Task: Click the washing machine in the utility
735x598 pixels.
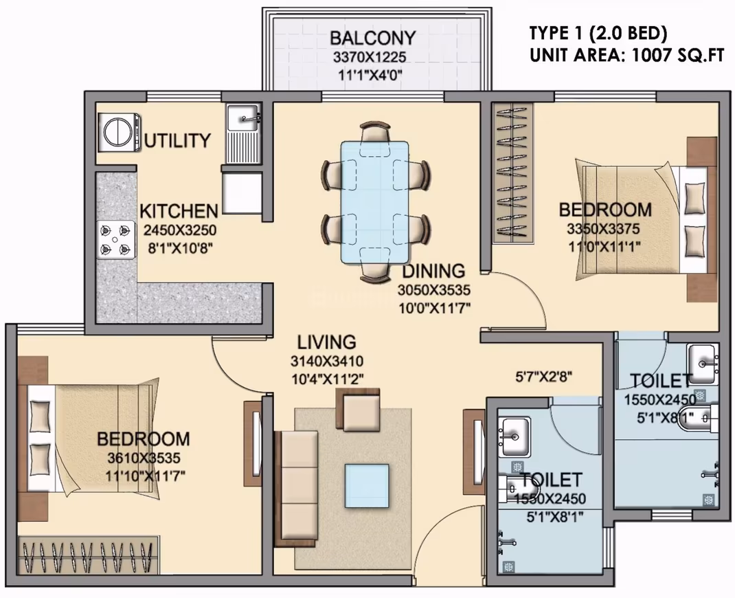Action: pyautogui.click(x=119, y=132)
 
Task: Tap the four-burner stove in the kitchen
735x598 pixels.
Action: pyautogui.click(x=114, y=239)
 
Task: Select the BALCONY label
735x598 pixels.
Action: pyautogui.click(x=373, y=38)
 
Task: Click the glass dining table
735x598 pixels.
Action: pyautogui.click(x=374, y=201)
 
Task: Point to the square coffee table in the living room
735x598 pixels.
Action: pyautogui.click(x=367, y=486)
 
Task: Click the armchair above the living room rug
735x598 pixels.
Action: pyautogui.click(x=358, y=409)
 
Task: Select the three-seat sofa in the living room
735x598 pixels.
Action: pyautogui.click(x=295, y=489)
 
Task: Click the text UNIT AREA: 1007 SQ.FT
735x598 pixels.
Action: pyautogui.click(x=627, y=56)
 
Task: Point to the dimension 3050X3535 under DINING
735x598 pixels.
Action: pyautogui.click(x=433, y=290)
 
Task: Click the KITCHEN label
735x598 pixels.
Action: pyautogui.click(x=179, y=211)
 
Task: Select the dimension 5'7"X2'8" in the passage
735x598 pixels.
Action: pyautogui.click(x=544, y=376)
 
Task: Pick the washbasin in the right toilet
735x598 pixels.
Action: pyautogui.click(x=702, y=364)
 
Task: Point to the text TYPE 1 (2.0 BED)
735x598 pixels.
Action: pyautogui.click(x=598, y=33)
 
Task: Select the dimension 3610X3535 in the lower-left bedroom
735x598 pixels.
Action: pyautogui.click(x=144, y=457)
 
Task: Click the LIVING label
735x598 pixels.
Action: pyautogui.click(x=327, y=342)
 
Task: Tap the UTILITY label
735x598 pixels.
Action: pyautogui.click(x=177, y=140)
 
